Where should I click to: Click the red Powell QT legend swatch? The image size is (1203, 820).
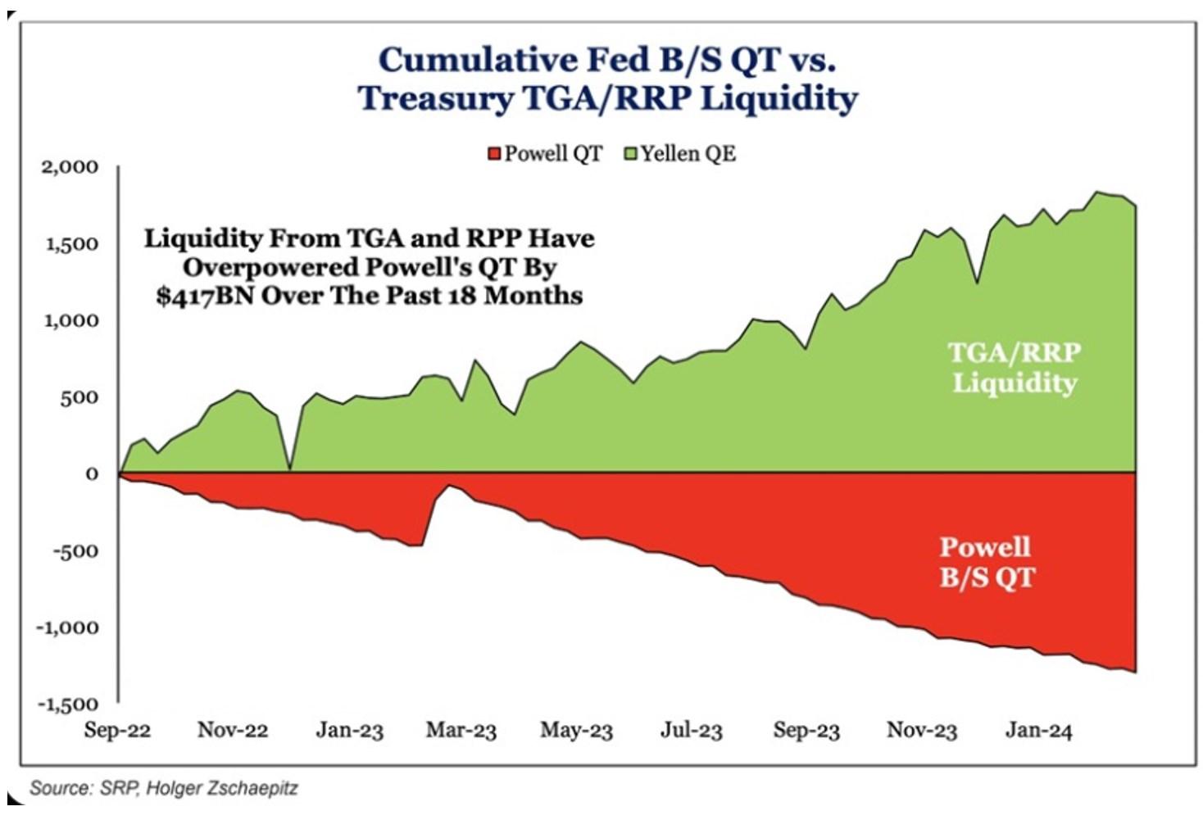click(x=494, y=154)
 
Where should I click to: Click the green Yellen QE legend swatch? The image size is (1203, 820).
click(x=630, y=154)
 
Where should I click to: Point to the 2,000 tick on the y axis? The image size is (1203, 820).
click(x=70, y=167)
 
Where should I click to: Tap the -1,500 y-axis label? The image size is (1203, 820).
click(x=66, y=704)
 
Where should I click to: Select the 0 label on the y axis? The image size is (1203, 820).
click(x=91, y=474)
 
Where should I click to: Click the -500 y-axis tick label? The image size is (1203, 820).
click(x=75, y=551)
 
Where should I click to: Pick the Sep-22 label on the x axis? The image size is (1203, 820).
click(x=117, y=731)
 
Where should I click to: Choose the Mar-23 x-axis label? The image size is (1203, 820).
click(x=461, y=731)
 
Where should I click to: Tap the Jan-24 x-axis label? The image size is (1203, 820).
click(x=1038, y=731)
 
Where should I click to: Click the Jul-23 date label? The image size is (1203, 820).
click(x=692, y=731)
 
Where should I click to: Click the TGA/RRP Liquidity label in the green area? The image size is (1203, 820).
click(x=1015, y=367)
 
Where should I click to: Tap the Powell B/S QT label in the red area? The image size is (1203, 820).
click(x=986, y=562)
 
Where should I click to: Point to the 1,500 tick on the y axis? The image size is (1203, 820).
click(x=70, y=244)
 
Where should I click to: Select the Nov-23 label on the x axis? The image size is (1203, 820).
click(x=922, y=731)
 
